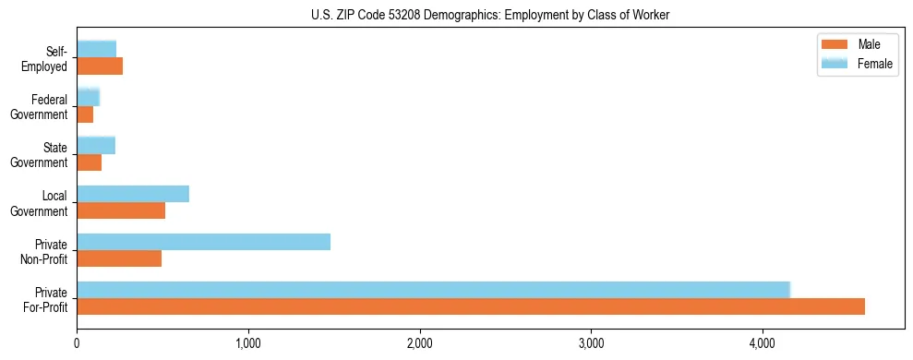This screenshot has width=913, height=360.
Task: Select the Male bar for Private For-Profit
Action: tap(471, 306)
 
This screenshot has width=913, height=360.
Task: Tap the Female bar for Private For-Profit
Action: tap(433, 290)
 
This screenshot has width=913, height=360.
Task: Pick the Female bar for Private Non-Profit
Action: tap(203, 242)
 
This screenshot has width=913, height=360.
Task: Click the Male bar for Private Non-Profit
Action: tap(119, 258)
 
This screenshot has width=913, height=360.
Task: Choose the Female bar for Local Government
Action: tap(133, 194)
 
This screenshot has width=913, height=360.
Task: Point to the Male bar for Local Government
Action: tap(121, 210)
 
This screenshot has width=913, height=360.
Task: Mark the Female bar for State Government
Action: tap(96, 145)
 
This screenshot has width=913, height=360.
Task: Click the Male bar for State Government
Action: tap(89, 162)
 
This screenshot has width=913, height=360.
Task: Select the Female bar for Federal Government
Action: tap(88, 97)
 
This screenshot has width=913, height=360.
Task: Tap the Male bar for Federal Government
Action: tap(85, 114)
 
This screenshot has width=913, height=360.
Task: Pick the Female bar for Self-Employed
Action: tap(97, 49)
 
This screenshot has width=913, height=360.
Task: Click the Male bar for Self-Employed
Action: tap(100, 66)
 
